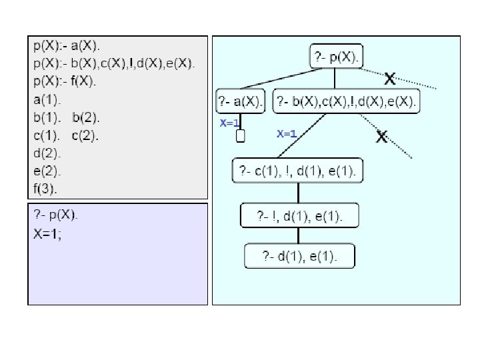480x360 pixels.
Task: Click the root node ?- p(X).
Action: coord(337,57)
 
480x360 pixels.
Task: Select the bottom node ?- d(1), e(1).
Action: coord(299,256)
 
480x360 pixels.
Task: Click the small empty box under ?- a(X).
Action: coord(241,135)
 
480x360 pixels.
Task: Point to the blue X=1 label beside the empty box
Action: coord(229,123)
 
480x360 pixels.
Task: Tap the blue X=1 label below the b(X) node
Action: coord(287,133)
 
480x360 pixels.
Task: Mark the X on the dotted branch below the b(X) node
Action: coord(382,137)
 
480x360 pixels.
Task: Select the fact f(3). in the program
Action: coord(46,189)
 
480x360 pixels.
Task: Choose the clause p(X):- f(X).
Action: coord(65,81)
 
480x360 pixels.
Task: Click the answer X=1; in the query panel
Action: coord(47,233)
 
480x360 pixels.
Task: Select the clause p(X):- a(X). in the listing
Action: coord(67,46)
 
